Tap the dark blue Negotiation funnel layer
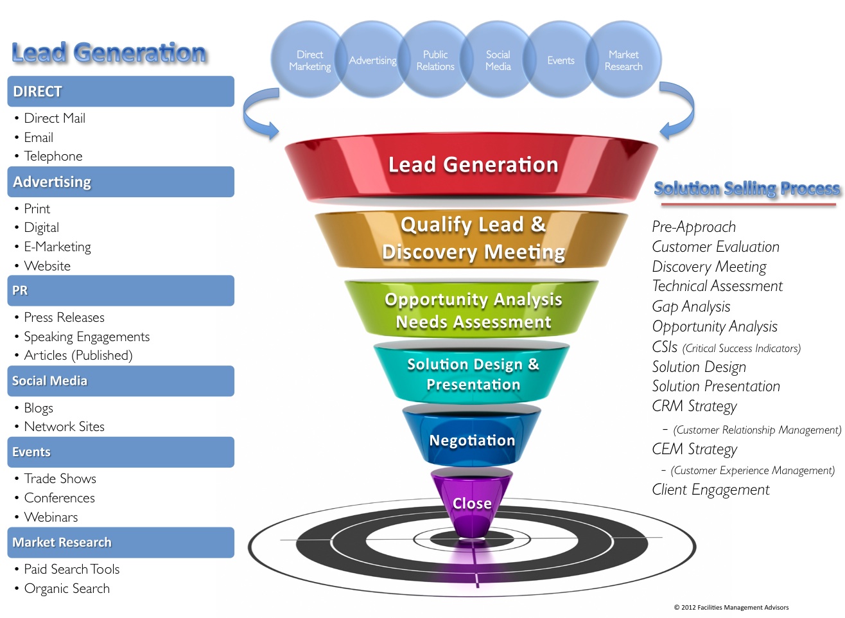pyautogui.click(x=472, y=439)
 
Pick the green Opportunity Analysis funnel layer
pyautogui.click(x=473, y=310)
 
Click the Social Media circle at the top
pyautogui.click(x=498, y=60)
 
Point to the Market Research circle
pyautogui.click(x=623, y=60)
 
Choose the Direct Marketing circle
pyautogui.click(x=309, y=60)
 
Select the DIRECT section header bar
pyautogui.click(x=121, y=91)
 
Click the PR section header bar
pyautogui.click(x=121, y=290)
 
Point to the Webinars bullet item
pyautogui.click(x=51, y=517)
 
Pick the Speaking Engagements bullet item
pyautogui.click(x=87, y=337)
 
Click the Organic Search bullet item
pyautogui.click(x=67, y=588)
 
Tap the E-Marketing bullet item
pyautogui.click(x=57, y=247)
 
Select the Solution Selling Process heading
pyautogui.click(x=747, y=188)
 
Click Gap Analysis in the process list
pyautogui.click(x=691, y=306)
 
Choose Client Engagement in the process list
pyautogui.click(x=710, y=490)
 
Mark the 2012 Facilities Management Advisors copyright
pyautogui.click(x=731, y=607)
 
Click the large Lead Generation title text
pyautogui.click(x=109, y=53)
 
